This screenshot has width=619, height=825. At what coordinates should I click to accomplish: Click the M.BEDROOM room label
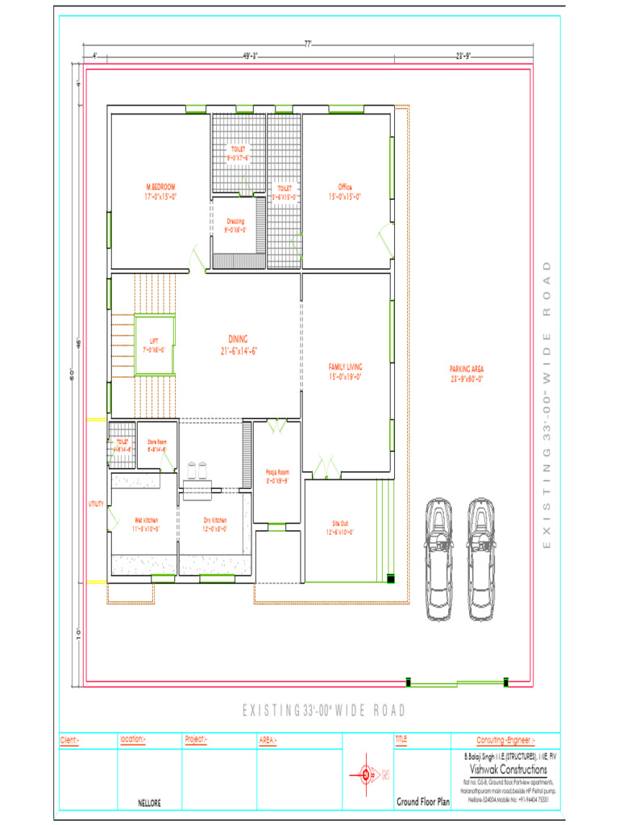[160, 191]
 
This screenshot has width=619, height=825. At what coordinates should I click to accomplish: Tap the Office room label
[345, 192]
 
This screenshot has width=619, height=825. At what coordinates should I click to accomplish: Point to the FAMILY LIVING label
[344, 371]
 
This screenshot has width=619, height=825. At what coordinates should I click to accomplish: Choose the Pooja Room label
[276, 476]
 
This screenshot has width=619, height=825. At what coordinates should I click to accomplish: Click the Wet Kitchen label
[145, 525]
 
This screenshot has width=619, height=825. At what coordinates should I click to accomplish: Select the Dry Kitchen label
[215, 525]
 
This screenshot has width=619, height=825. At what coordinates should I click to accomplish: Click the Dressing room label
[235, 225]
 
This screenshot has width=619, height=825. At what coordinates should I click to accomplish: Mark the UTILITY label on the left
[96, 504]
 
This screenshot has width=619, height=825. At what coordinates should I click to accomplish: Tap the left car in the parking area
[438, 558]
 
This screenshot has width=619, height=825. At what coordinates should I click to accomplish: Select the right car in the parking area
[481, 558]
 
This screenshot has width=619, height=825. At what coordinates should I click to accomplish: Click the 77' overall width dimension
[308, 44]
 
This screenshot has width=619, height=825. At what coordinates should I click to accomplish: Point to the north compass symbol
[368, 776]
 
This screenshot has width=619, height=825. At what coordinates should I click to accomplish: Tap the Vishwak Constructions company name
[504, 770]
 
